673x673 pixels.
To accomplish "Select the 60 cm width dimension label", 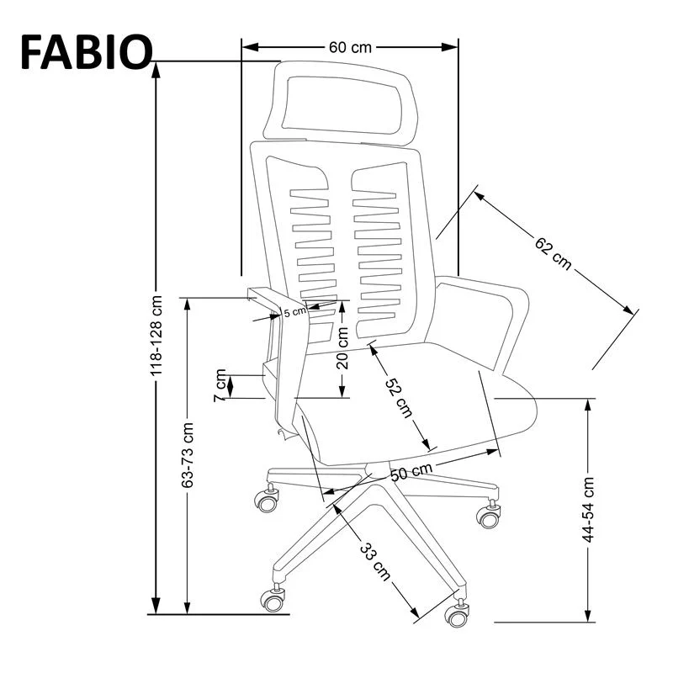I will [349, 47].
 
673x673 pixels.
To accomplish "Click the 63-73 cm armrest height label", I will [188, 455].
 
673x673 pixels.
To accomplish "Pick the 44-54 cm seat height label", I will [588, 509].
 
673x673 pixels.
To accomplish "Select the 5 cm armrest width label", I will [295, 312].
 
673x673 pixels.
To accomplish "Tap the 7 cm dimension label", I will [221, 385].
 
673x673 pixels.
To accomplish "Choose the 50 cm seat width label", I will [411, 472].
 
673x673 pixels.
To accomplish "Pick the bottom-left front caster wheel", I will [272, 598].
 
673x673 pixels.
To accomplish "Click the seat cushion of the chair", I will [404, 412].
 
